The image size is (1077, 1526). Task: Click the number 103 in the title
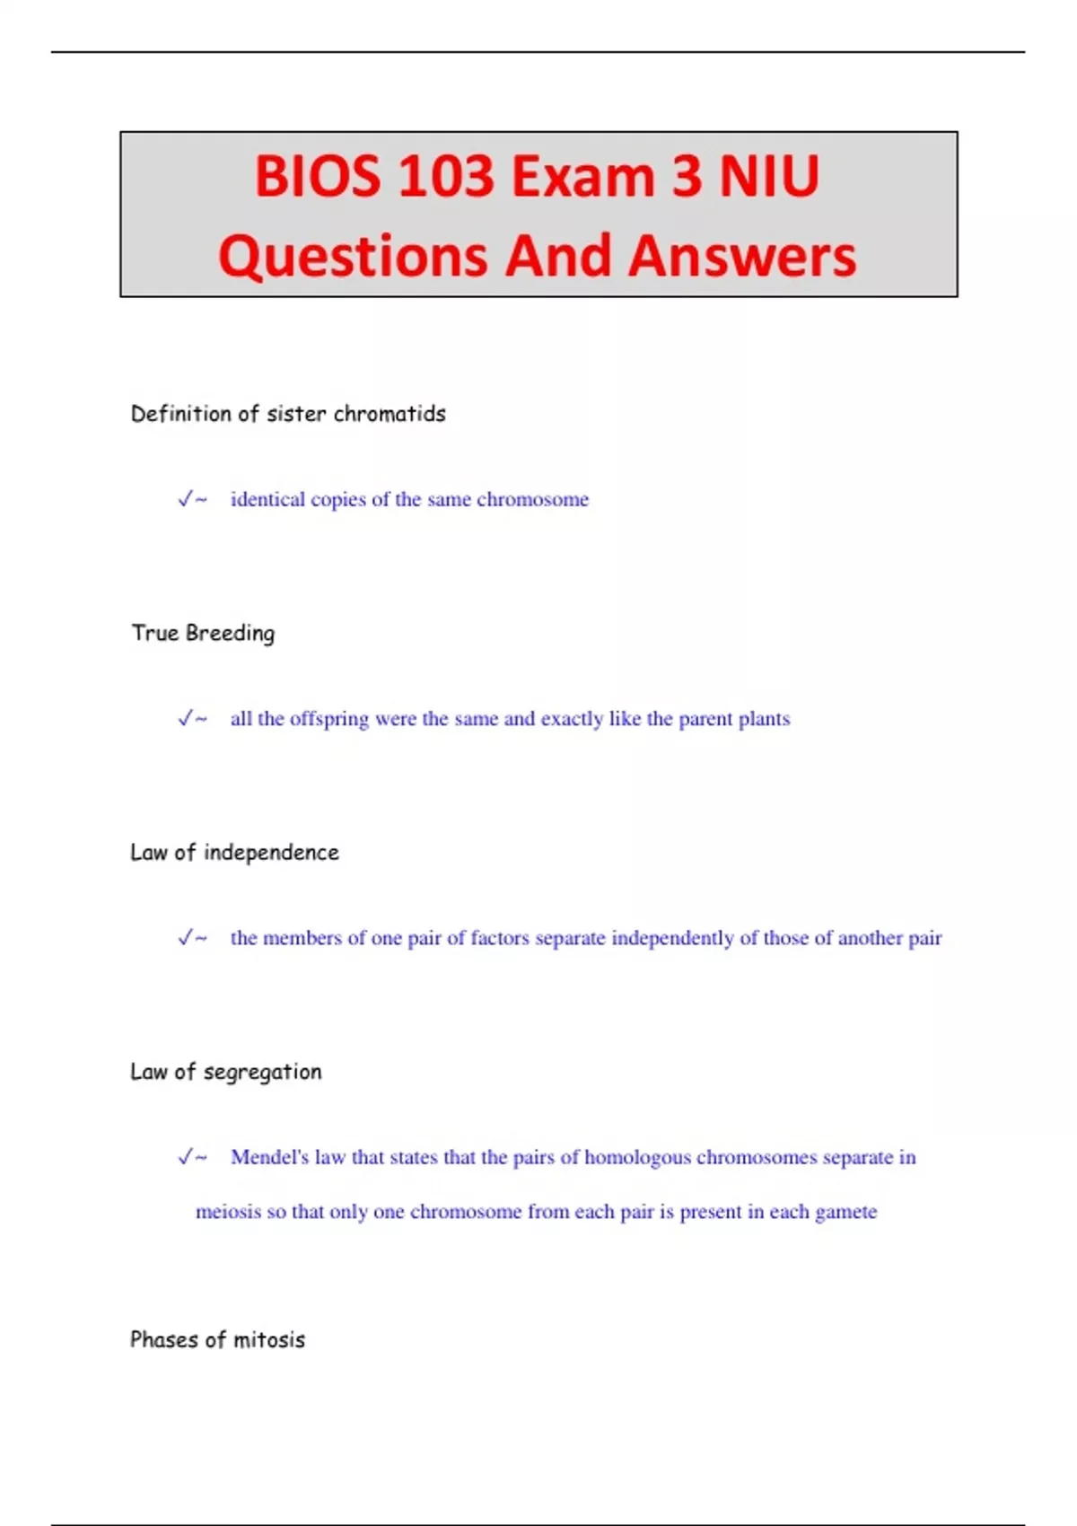(x=445, y=176)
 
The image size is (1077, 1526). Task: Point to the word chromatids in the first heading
(x=390, y=414)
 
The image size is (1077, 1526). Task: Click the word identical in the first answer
(x=267, y=499)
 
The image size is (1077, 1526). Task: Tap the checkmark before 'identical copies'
(x=186, y=499)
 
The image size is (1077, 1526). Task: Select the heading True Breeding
(x=203, y=633)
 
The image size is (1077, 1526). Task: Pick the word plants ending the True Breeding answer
(x=764, y=719)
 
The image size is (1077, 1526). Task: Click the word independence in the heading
(x=271, y=852)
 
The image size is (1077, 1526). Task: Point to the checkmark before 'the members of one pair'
(x=186, y=938)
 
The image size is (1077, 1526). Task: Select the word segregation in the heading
(x=262, y=1072)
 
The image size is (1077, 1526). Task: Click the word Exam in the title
(x=582, y=176)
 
